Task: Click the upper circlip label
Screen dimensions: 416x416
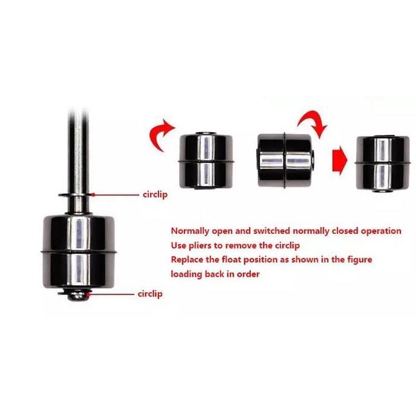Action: point(156,195)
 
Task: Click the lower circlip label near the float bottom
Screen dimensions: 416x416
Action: point(150,294)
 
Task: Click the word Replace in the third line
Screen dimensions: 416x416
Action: point(188,260)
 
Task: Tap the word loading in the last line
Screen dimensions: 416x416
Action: point(187,274)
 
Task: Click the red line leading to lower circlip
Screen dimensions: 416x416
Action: point(112,294)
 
